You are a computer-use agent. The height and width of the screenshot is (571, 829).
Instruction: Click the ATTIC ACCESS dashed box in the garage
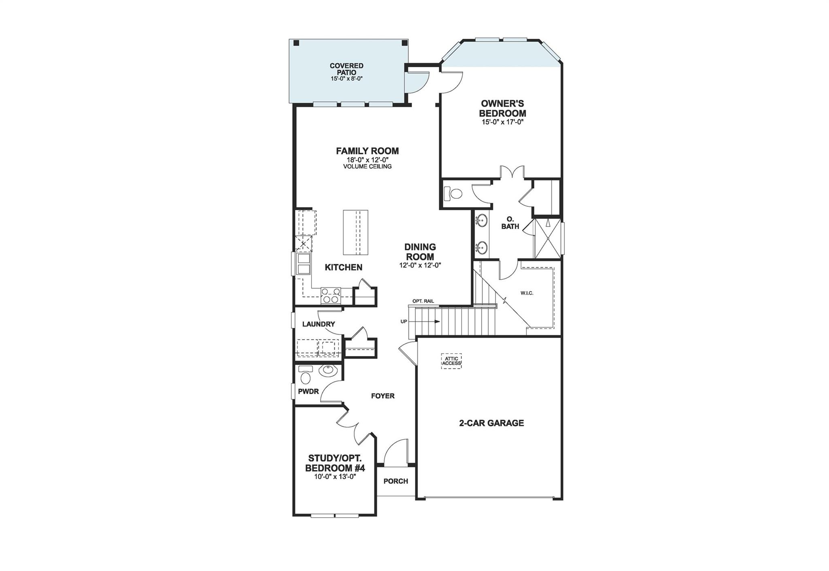point(451,361)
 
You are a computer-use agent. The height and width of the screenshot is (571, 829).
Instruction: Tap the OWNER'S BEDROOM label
point(502,108)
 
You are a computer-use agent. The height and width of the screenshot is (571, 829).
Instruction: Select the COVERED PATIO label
point(346,69)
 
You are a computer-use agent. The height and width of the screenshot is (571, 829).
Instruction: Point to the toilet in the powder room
point(306,377)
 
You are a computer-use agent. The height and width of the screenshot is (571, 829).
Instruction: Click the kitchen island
point(355,232)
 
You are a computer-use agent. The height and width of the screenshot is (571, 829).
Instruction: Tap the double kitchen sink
point(303,263)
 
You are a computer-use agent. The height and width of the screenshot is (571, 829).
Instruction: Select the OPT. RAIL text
point(423,301)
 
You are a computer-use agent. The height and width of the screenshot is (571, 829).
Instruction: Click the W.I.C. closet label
point(527,293)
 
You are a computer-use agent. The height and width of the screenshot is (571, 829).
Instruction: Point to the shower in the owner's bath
point(547,238)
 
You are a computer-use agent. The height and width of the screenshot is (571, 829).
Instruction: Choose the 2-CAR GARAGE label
point(491,423)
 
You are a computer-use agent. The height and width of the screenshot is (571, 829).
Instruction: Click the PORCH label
point(395,481)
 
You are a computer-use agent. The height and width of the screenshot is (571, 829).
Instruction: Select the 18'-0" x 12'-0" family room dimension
point(367,160)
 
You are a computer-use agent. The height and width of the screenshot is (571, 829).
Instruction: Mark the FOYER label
point(383,396)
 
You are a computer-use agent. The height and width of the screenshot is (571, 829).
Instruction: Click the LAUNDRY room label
point(319,324)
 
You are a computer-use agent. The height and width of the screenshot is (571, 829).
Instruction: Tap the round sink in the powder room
point(327,370)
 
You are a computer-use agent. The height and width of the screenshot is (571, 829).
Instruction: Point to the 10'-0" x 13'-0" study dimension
point(335,477)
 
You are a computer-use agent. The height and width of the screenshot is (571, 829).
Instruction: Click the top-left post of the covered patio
point(296,43)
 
